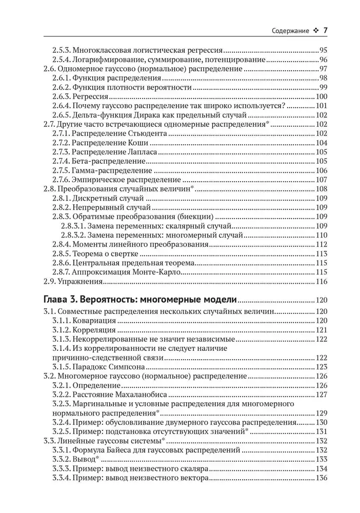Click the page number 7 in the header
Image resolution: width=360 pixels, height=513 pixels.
(325, 30)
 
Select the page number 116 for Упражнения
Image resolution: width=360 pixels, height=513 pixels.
(322, 282)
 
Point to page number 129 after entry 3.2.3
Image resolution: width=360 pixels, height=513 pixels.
(322, 413)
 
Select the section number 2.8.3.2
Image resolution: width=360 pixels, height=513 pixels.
(74, 235)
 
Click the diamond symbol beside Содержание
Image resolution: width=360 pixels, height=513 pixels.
(315, 31)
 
